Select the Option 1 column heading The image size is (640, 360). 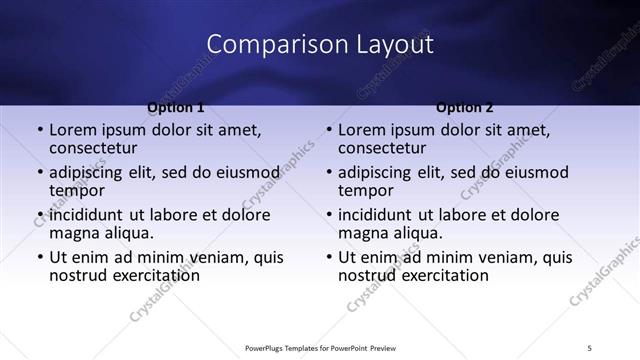click(x=176, y=107)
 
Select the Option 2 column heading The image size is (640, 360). click(x=465, y=107)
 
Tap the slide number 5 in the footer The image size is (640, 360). click(x=589, y=348)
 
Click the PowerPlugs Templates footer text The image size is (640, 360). click(x=320, y=348)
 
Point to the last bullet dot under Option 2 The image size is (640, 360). click(x=329, y=257)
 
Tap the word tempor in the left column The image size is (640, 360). click(x=76, y=189)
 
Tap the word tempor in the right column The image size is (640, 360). click(x=365, y=189)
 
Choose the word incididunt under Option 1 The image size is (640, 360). click(x=86, y=215)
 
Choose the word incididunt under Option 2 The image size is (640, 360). click(x=375, y=215)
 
